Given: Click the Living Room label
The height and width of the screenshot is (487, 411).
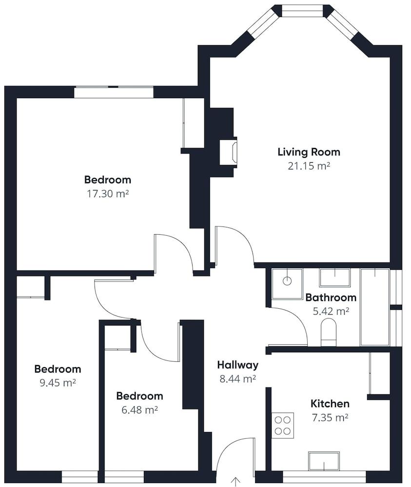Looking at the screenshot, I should [309, 151].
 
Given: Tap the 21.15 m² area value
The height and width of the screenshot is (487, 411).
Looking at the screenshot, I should [309, 166].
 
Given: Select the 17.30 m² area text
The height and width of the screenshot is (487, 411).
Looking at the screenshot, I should [107, 193].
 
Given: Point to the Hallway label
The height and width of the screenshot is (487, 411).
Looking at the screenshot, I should [237, 365].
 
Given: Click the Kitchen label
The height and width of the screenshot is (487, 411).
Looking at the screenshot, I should [330, 404].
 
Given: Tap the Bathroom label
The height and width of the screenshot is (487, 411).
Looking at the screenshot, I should [331, 297].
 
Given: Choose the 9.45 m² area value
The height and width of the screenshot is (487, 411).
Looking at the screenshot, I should [58, 382].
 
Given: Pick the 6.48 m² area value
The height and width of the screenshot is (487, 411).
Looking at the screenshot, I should [139, 410].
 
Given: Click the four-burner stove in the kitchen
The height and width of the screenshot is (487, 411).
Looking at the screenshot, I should [283, 425].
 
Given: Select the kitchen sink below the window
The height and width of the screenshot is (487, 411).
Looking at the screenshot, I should [324, 460].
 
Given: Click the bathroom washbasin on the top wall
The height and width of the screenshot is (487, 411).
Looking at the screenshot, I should [334, 277].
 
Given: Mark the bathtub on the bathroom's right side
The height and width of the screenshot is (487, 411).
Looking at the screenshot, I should [374, 307].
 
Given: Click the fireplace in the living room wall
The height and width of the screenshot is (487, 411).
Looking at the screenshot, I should [229, 152].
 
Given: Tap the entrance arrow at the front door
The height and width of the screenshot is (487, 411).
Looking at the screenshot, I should [236, 482].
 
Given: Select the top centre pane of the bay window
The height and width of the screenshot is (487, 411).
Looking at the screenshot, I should [303, 11].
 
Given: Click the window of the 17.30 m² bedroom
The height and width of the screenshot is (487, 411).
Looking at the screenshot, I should [114, 92].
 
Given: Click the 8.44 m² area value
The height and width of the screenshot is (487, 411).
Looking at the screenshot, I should [237, 378].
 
